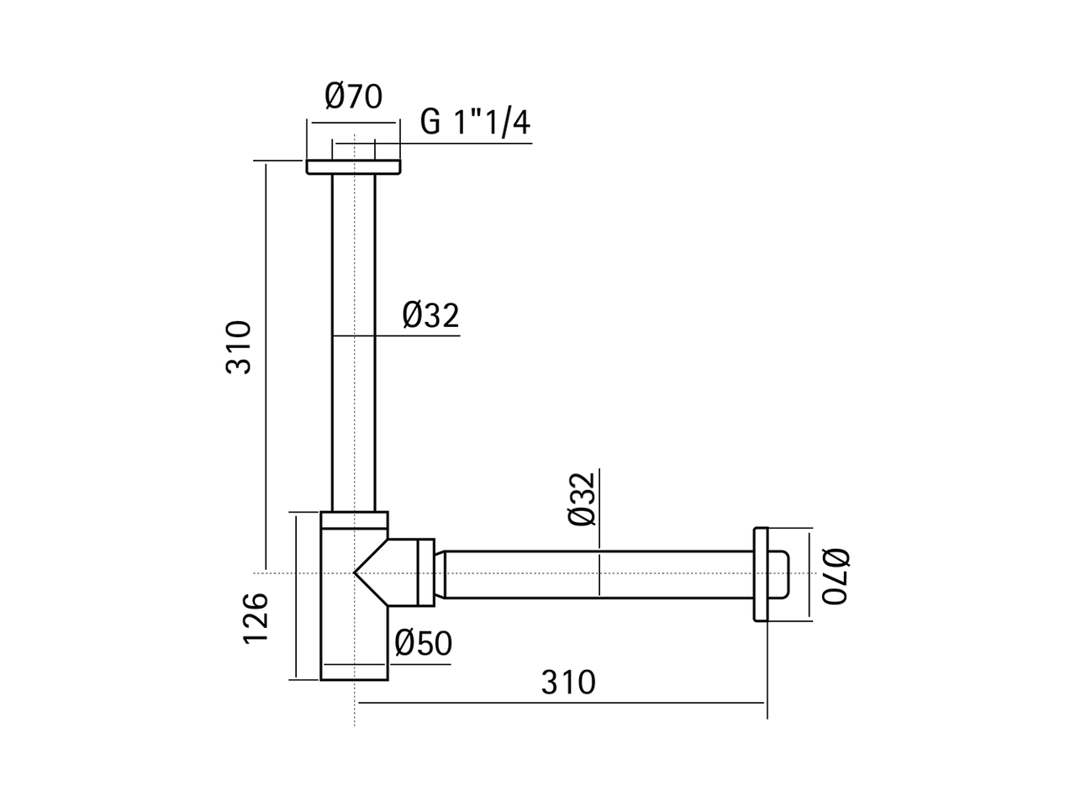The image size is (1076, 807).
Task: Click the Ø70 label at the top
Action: pos(353,97)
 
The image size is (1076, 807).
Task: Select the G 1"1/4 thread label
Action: pos(475,123)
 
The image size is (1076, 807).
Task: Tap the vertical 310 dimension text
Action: pos(239,346)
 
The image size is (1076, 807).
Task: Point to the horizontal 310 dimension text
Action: pos(568,682)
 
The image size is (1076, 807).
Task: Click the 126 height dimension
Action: pos(256,618)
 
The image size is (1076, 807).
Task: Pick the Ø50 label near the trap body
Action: pos(423,643)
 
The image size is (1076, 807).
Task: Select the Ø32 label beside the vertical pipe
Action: pos(430,315)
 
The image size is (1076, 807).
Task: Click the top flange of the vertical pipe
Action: pos(353,166)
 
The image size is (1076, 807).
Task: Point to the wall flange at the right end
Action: pos(761,574)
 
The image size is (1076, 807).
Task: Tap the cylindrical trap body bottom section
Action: pos(353,639)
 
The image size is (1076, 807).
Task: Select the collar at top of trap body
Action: pos(353,520)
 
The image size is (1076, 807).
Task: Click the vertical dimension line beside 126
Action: pos(297,597)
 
